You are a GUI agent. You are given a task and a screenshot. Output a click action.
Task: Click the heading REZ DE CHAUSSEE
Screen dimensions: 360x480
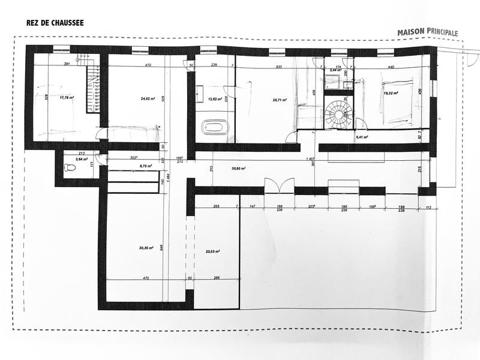click(55, 23)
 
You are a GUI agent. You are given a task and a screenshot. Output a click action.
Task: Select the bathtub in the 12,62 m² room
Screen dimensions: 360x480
click(214, 127)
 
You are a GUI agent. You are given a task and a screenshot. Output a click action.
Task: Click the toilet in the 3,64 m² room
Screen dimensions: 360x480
click(67, 168)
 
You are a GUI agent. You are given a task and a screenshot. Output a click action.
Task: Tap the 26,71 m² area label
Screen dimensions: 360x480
click(279, 100)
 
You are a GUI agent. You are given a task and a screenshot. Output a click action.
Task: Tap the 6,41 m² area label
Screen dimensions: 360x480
click(361, 137)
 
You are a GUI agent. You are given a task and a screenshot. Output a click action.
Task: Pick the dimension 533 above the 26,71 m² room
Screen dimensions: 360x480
click(279, 65)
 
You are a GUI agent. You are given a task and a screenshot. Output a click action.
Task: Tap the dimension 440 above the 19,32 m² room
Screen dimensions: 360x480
click(391, 67)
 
